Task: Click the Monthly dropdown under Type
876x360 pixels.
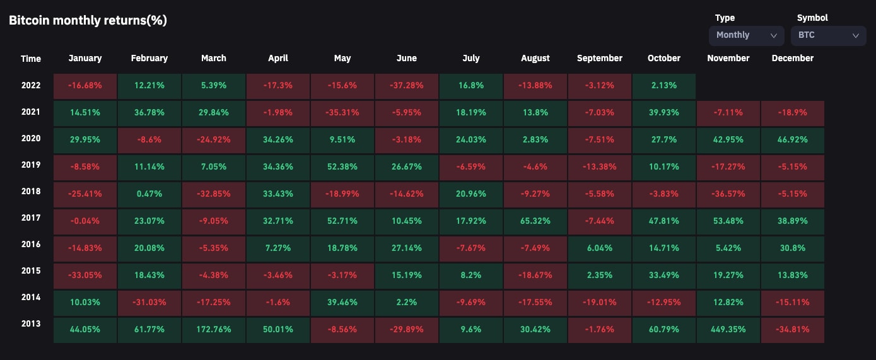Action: click(746, 35)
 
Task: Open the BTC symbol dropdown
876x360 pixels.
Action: click(828, 35)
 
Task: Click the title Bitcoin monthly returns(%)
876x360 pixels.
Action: click(88, 20)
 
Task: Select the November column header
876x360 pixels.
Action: click(728, 58)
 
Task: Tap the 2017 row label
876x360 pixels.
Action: click(30, 218)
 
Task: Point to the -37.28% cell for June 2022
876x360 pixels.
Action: click(407, 86)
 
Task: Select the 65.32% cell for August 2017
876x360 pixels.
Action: click(535, 221)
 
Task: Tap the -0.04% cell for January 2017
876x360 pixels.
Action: click(85, 221)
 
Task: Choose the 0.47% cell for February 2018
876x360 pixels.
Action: click(149, 194)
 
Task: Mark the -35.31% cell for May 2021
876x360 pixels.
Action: click(342, 113)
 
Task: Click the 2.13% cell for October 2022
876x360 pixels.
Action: click(664, 86)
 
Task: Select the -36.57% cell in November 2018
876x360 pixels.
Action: click(728, 194)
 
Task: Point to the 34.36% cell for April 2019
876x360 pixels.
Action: click(278, 167)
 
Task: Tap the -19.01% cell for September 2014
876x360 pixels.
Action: click(600, 302)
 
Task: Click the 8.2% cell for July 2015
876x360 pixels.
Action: click(471, 275)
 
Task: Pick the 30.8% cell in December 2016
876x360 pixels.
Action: click(793, 248)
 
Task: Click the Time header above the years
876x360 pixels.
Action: click(30, 59)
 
